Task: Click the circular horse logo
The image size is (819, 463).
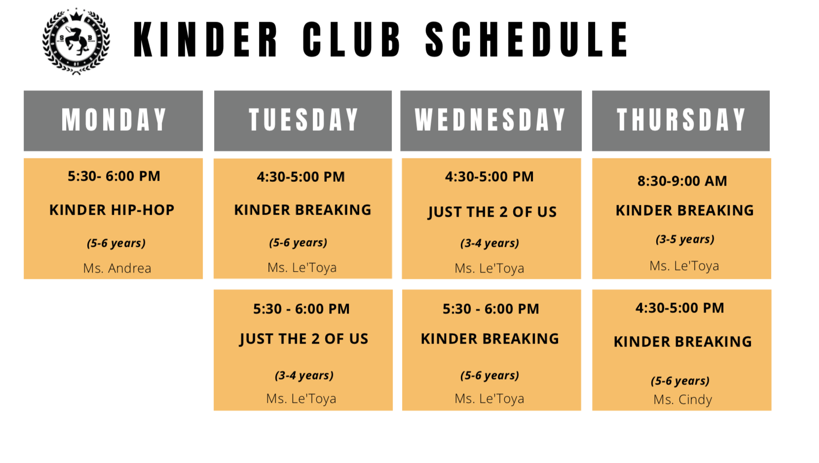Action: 76,41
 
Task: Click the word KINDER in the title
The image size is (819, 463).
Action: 205,39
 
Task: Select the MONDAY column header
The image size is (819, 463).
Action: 113,121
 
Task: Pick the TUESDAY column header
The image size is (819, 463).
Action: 303,121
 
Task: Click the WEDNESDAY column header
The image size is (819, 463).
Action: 491,121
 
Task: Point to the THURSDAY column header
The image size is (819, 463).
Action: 681,121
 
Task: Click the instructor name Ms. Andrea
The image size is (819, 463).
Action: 117,268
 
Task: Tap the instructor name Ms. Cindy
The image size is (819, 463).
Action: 683,399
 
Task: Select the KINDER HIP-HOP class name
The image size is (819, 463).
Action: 112,210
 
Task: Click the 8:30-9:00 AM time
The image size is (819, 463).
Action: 682,181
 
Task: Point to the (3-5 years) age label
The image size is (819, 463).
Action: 685,239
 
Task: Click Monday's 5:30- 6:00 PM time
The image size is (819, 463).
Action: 113,176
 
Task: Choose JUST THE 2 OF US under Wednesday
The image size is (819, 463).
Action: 492,212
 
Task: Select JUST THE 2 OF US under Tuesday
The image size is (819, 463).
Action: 303,339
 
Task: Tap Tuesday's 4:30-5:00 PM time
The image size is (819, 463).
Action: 300,177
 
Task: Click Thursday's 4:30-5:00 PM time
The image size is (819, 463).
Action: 680,308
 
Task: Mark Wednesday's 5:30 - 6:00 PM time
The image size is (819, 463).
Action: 491,309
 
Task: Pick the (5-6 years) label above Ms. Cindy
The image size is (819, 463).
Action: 680,381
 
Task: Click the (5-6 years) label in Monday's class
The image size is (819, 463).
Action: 116,243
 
